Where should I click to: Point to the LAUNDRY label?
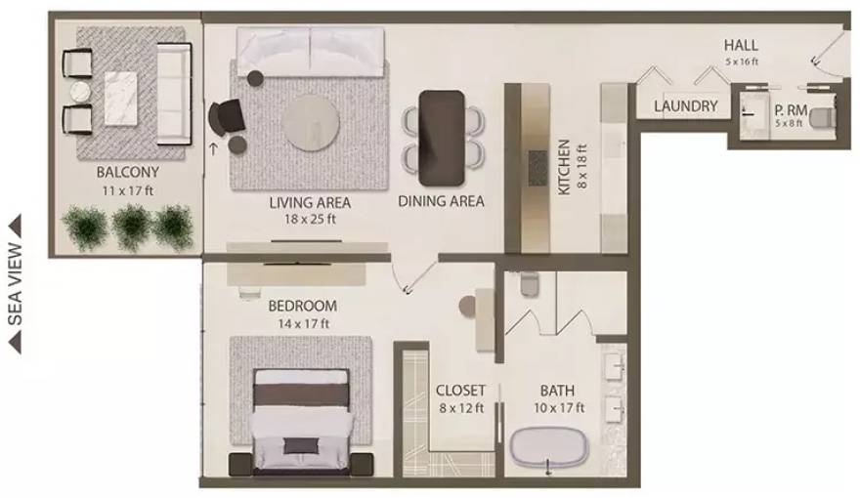tap(685, 106)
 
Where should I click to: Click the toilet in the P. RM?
tap(824, 119)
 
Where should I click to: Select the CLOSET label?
tap(460, 391)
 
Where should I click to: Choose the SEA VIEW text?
tap(15, 283)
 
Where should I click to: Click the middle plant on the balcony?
tap(130, 227)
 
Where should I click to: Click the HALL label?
tap(741, 46)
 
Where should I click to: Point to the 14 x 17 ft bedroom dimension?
tap(302, 323)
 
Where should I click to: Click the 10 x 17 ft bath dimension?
tap(559, 407)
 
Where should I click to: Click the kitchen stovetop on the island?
tap(537, 168)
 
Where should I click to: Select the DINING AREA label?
tap(441, 202)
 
